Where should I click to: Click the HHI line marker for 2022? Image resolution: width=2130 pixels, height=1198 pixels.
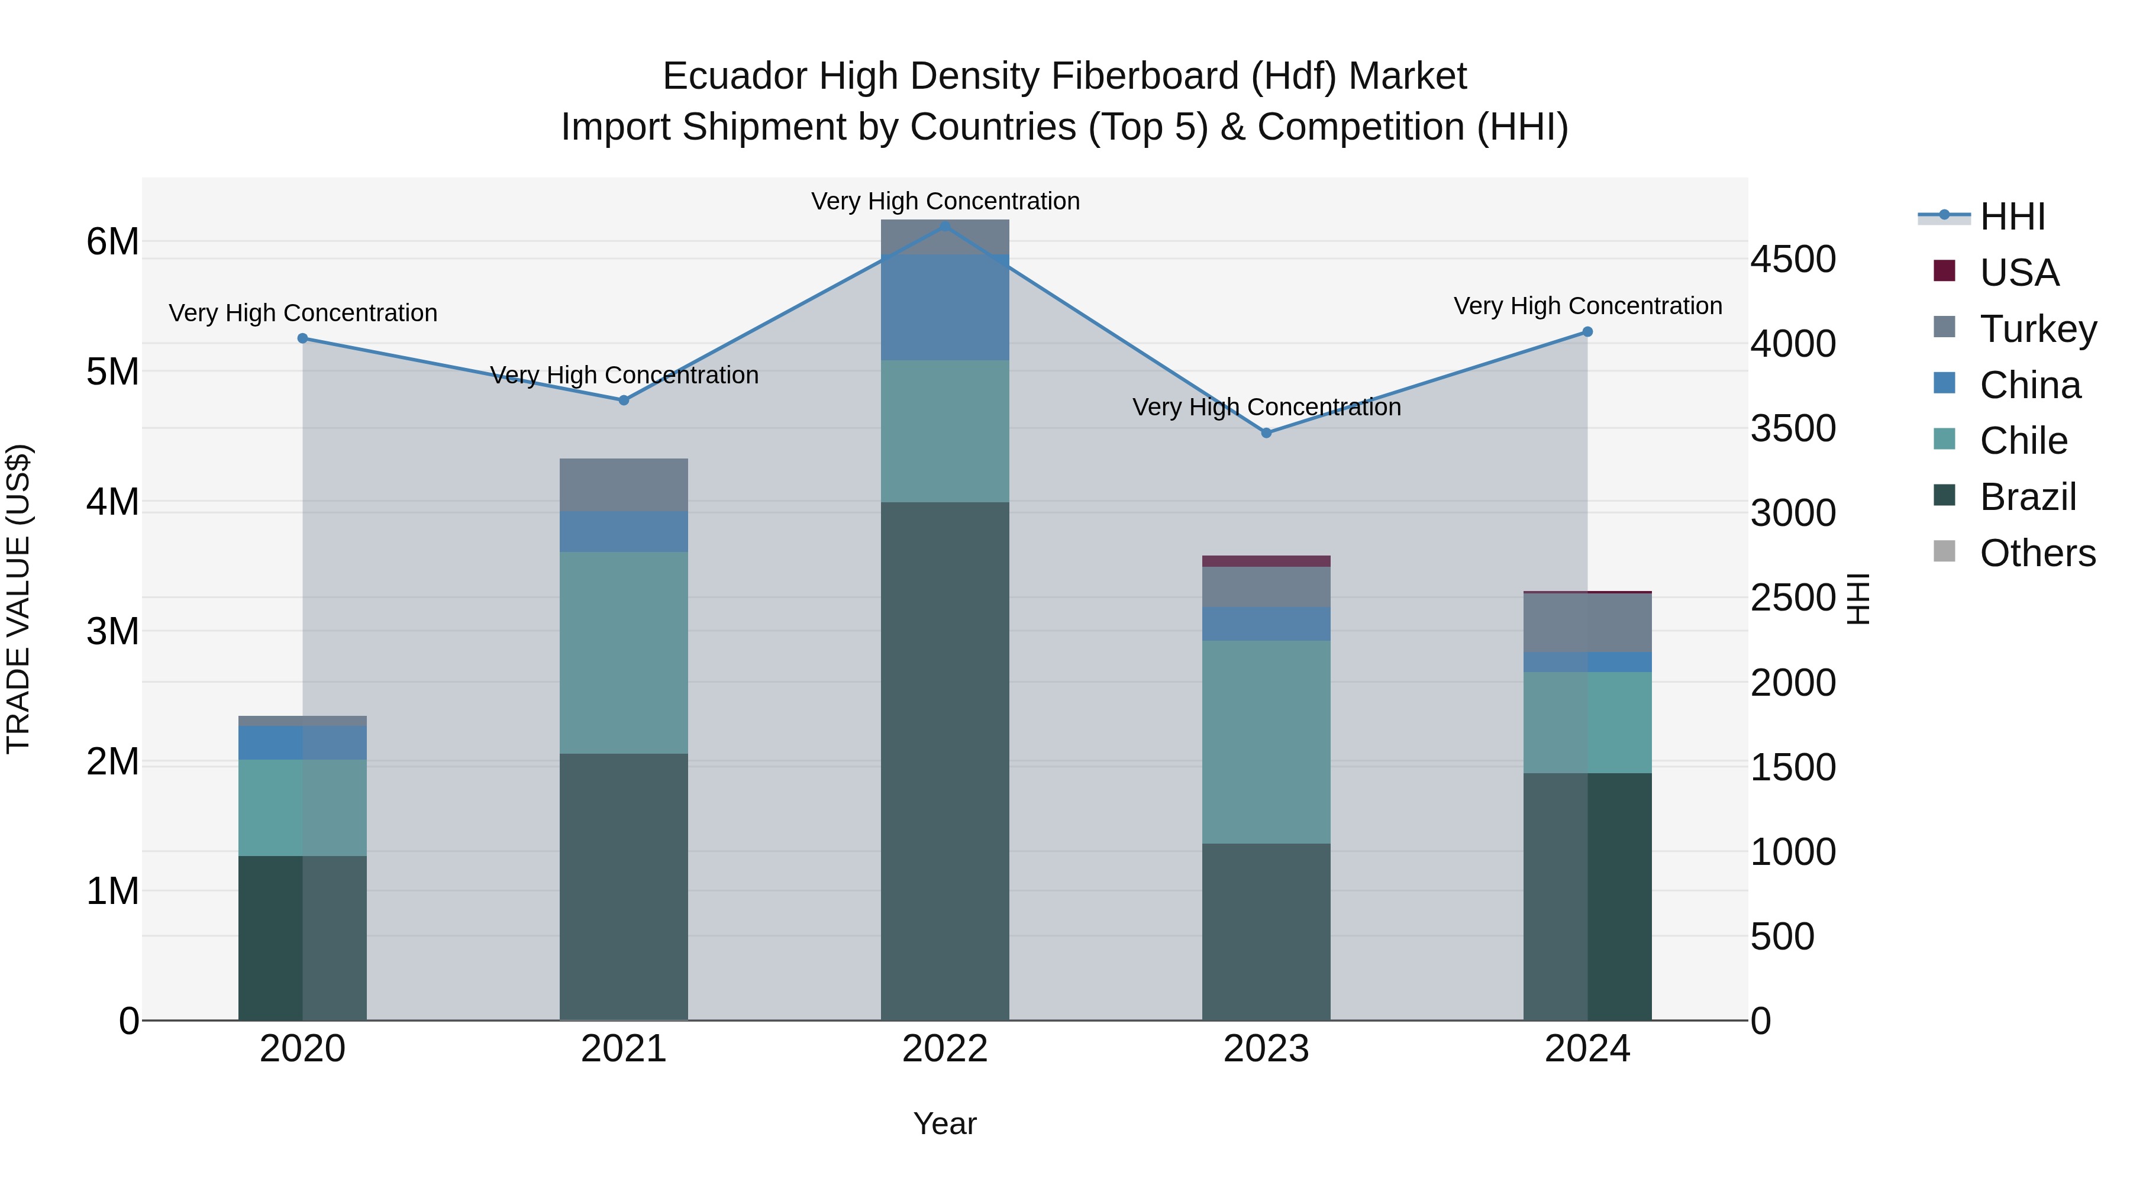pyautogui.click(x=945, y=226)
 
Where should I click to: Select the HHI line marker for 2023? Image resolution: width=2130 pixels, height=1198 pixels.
pyautogui.click(x=1266, y=432)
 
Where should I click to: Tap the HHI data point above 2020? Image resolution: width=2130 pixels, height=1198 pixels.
pyautogui.click(x=302, y=338)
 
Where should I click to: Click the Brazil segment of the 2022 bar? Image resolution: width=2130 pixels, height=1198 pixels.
pyautogui.click(x=945, y=761)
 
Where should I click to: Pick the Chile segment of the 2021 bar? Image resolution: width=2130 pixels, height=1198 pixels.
pyautogui.click(x=624, y=653)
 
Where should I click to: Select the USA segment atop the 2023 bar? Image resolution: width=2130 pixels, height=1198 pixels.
pyautogui.click(x=1266, y=561)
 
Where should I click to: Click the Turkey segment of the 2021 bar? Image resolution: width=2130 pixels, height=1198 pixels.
pyautogui.click(x=624, y=485)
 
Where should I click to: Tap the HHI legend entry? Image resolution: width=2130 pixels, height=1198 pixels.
pyautogui.click(x=2012, y=217)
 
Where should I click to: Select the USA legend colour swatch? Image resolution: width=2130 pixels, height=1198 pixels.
pyautogui.click(x=1944, y=271)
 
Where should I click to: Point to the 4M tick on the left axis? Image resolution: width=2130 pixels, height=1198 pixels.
pyautogui.click(x=112, y=502)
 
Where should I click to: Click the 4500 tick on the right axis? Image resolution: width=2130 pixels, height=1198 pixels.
pyautogui.click(x=1793, y=260)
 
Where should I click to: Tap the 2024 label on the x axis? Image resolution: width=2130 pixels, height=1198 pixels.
pyautogui.click(x=1587, y=1049)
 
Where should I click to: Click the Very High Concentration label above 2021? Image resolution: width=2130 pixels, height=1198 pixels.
pyautogui.click(x=624, y=375)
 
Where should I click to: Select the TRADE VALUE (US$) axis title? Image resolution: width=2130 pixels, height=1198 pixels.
pyautogui.click(x=18, y=599)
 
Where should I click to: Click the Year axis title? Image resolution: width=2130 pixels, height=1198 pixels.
pyautogui.click(x=944, y=1123)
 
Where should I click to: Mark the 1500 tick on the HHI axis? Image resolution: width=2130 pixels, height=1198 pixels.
pyautogui.click(x=1793, y=767)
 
